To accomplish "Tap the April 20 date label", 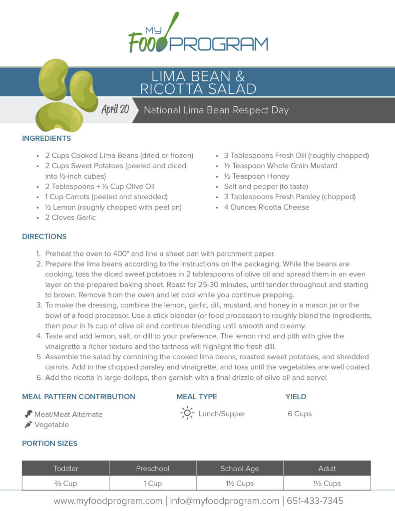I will click(x=115, y=110).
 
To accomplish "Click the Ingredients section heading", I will click(x=46, y=138).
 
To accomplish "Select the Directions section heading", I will click(x=44, y=237).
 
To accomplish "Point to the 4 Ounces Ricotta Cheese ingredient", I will click(x=266, y=207).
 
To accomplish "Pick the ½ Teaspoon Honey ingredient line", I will click(x=256, y=176).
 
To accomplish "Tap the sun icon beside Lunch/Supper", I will click(x=187, y=413).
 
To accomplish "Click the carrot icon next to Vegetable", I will click(x=28, y=425).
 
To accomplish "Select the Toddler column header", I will click(x=66, y=469).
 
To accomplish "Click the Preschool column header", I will click(x=153, y=469).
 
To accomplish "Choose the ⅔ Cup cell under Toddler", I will click(x=66, y=483).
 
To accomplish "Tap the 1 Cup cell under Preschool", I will click(x=153, y=483).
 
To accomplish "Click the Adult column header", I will click(x=327, y=469).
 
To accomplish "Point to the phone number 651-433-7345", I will click(x=314, y=501).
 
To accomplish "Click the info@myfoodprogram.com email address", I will click(x=224, y=501).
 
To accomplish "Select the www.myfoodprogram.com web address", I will click(x=107, y=501).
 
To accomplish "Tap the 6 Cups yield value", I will click(x=300, y=414).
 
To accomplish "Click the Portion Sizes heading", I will click(x=49, y=443).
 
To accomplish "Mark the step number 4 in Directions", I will click(x=39, y=336).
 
